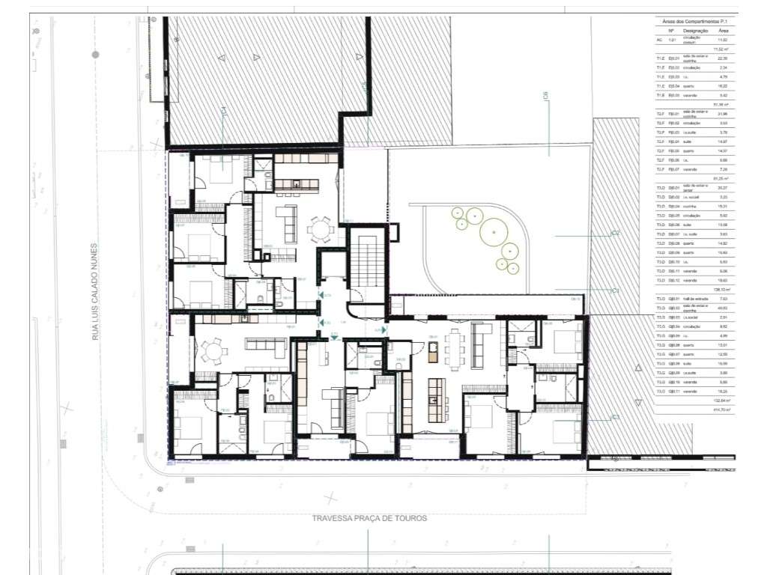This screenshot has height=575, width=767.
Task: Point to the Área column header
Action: [722, 31]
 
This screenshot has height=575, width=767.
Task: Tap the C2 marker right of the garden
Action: [615, 234]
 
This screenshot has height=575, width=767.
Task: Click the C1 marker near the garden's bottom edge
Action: [615, 290]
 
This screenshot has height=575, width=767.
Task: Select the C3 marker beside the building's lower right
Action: [615, 417]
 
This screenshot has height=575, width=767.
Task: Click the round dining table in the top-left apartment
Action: [321, 225]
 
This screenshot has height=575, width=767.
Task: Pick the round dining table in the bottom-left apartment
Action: [215, 350]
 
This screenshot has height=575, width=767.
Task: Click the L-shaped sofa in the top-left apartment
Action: [287, 222]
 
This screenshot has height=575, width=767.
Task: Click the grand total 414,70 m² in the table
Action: [722, 409]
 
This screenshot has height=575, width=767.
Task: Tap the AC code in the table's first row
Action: [659, 40]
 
